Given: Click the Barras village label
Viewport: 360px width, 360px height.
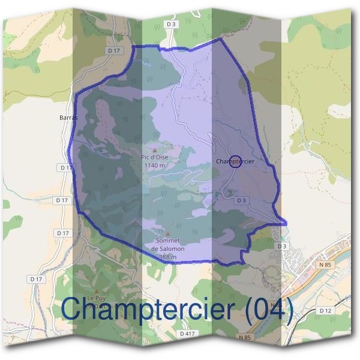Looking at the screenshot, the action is coord(69,118).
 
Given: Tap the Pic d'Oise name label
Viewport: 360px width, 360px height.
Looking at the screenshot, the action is coord(155,157).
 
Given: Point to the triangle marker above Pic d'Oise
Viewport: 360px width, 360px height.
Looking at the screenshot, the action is coord(155,150).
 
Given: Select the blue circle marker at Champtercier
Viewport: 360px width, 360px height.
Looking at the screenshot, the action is coord(235,162).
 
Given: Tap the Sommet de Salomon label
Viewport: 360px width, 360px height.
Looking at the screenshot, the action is coord(168,244).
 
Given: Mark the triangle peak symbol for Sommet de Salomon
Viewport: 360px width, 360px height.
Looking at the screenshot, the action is coord(168,234).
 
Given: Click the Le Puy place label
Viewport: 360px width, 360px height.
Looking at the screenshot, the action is coord(96,298).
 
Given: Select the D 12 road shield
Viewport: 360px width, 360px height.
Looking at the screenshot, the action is coord(326,310).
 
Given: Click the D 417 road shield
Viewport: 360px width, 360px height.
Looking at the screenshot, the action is coord(187,333).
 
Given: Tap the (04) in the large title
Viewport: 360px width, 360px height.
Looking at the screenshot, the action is coord(268,310).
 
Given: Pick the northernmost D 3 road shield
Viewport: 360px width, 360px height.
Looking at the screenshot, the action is coord(172,24).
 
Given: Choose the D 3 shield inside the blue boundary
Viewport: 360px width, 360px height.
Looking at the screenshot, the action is coord(242,200).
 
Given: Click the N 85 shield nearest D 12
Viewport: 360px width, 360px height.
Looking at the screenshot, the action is coord(325,265).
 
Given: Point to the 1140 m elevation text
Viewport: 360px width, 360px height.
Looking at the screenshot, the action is coord(155,165).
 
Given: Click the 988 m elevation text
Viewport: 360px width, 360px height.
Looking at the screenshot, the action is coord(168,257).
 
